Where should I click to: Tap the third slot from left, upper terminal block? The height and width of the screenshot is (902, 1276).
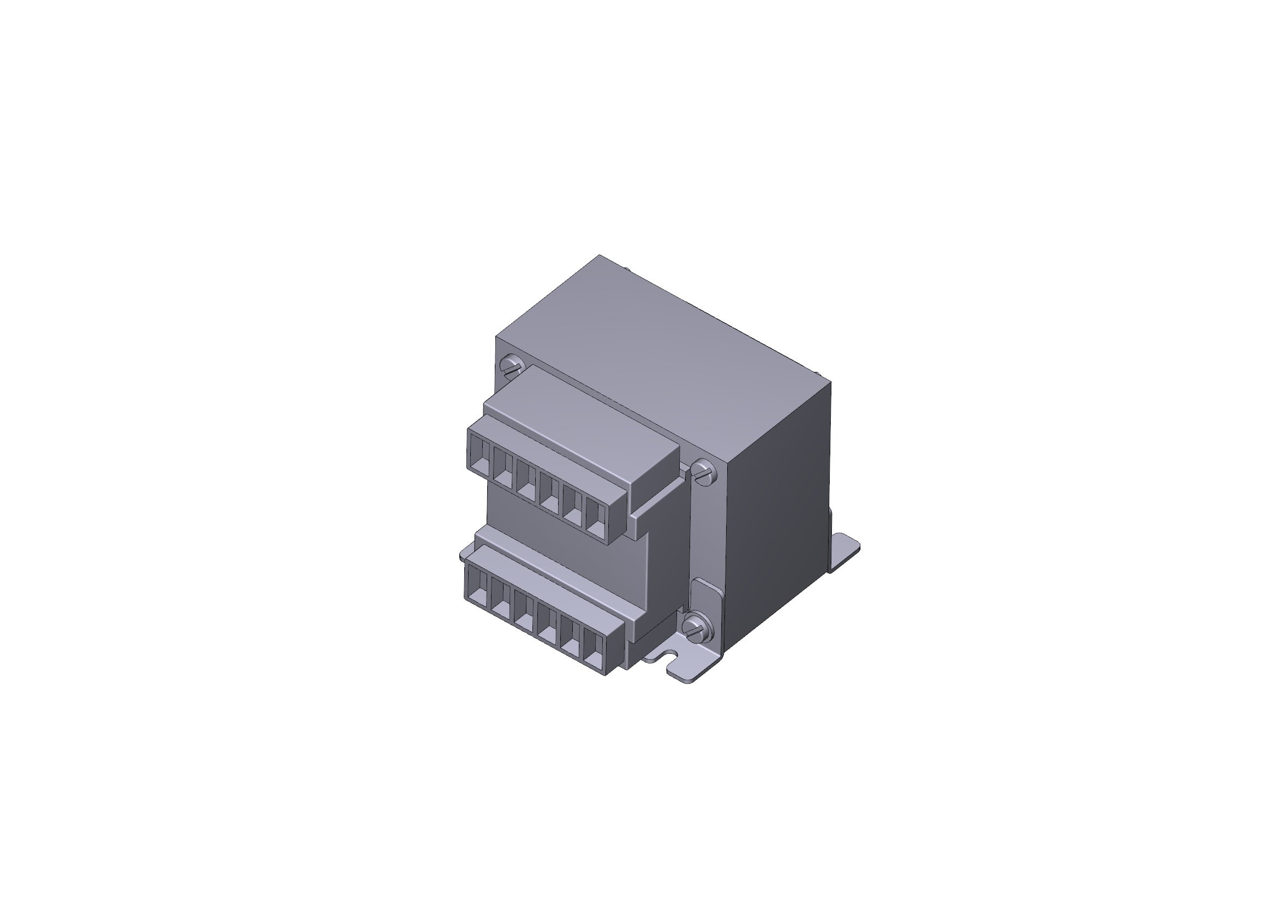tap(526, 478)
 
